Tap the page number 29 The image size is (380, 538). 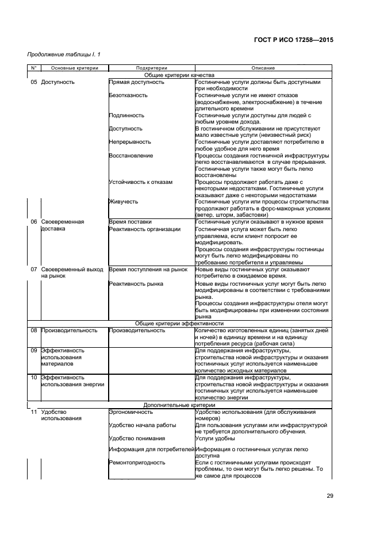click(329, 496)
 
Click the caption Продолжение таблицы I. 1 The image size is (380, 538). click(64, 55)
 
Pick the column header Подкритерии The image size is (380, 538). click(151, 68)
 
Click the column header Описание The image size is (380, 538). click(262, 68)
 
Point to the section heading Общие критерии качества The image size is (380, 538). click(179, 75)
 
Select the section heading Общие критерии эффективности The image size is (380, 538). click(179, 324)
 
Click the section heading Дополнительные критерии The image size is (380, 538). click(179, 404)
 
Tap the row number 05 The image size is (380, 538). click(33, 82)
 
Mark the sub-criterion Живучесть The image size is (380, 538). click(123, 201)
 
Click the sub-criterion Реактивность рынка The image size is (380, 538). click(136, 283)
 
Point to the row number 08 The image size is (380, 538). click(33, 331)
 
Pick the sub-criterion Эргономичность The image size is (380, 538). click(130, 412)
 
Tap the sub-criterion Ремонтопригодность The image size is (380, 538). click(137, 462)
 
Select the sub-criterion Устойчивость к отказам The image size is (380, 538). click(140, 182)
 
